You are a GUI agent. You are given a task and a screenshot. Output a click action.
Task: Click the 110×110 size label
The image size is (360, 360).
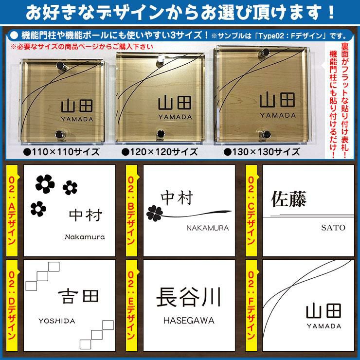click(x=61, y=152)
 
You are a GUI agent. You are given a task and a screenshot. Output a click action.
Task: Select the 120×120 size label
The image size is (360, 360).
click(x=160, y=152)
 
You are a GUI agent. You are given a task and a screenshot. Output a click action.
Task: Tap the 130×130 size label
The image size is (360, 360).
click(x=262, y=152)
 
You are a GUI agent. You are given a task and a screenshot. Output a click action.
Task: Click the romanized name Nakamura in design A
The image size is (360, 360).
click(x=85, y=237)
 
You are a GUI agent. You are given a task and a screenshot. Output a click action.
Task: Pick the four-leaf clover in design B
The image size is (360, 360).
click(x=155, y=213)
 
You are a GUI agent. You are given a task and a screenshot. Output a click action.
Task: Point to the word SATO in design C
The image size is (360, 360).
click(x=333, y=228)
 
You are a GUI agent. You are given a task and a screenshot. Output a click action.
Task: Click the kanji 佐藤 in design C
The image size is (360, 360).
click(x=289, y=199)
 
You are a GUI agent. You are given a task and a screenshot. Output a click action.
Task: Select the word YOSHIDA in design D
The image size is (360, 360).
click(x=57, y=321)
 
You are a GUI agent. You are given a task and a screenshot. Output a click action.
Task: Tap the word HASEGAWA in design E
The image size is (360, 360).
click(x=189, y=321)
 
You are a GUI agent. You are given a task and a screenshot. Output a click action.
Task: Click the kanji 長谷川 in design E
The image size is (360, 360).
click(x=189, y=297)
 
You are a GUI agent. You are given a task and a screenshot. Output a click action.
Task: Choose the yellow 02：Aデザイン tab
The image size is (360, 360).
click(x=12, y=211)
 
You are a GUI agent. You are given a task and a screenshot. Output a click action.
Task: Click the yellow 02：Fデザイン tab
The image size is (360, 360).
click(x=251, y=306)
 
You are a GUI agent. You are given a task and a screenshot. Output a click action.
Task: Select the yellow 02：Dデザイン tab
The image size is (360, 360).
click(x=12, y=306)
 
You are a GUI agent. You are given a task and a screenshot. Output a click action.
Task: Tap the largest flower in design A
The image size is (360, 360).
click(x=45, y=184)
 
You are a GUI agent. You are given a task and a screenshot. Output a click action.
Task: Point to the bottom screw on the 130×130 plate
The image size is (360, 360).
click(x=266, y=135)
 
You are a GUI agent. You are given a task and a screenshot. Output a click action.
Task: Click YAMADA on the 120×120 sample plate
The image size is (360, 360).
click(x=175, y=117)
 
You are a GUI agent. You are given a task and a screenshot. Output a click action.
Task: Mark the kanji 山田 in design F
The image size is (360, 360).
click(x=324, y=311)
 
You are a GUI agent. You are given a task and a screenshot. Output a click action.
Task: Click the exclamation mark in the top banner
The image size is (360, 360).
click(x=331, y=12)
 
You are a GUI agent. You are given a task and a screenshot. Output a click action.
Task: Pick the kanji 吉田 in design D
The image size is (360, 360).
click(x=78, y=296)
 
